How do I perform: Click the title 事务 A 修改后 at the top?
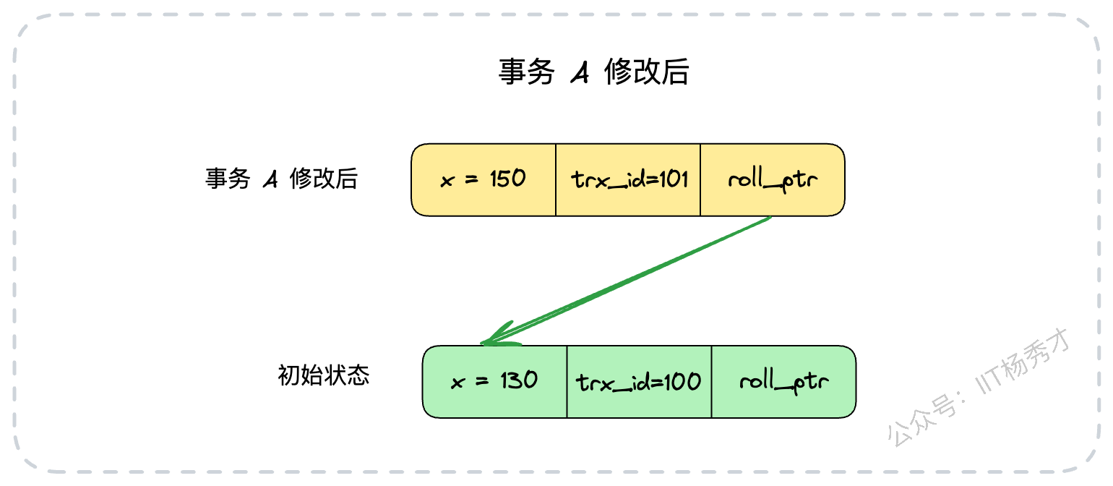pos(594,72)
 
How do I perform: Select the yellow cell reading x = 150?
pos(484,180)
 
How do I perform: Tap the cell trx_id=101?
pos(628,180)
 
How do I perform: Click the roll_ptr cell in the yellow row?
pos(773,180)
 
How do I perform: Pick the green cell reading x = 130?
pos(495,382)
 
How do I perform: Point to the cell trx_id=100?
pos(640,382)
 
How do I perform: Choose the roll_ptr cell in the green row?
pos(784,382)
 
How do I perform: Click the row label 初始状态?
pos(324,375)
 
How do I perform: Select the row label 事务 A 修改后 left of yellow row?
pos(281,179)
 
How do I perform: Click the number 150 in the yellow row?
pos(507,179)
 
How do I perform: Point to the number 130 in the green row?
pos(519,380)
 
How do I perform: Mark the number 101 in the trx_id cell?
pos(674,179)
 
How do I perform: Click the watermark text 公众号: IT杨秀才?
pos(978,387)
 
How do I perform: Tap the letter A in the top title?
pos(580,72)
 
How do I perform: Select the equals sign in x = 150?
pos(471,179)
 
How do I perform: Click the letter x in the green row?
pos(458,383)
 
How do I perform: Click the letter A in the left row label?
pos(271,179)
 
